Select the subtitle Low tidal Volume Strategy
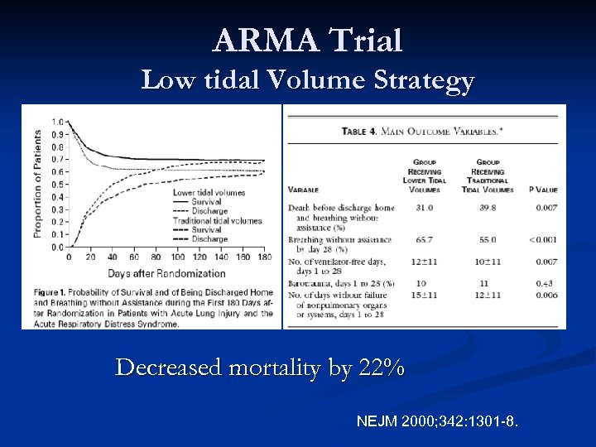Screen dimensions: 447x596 pyautogui.click(x=307, y=80)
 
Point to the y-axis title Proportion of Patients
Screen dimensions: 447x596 pyautogui.click(x=38, y=182)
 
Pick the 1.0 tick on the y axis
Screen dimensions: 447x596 pyautogui.click(x=57, y=123)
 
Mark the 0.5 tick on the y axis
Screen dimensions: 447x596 pyautogui.click(x=57, y=185)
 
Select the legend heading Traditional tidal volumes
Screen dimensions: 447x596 pyautogui.click(x=217, y=221)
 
